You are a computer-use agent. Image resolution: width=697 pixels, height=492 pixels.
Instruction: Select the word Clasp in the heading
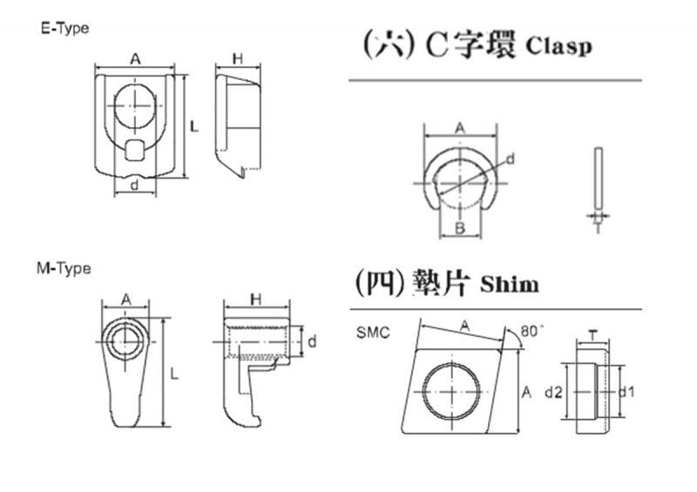click(x=558, y=46)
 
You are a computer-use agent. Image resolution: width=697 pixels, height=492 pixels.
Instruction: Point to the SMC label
click(x=373, y=332)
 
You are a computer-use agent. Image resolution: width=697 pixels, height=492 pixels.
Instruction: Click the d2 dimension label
click(x=552, y=393)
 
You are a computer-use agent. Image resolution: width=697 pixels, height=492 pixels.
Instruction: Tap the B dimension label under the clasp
click(x=459, y=229)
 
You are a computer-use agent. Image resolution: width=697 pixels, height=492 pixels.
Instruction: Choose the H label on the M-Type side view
click(x=255, y=300)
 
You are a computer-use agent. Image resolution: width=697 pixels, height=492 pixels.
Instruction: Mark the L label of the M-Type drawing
click(x=174, y=374)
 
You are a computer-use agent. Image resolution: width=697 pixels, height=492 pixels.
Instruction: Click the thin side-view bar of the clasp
click(x=597, y=178)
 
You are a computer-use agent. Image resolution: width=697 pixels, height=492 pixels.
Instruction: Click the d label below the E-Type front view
click(x=133, y=185)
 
